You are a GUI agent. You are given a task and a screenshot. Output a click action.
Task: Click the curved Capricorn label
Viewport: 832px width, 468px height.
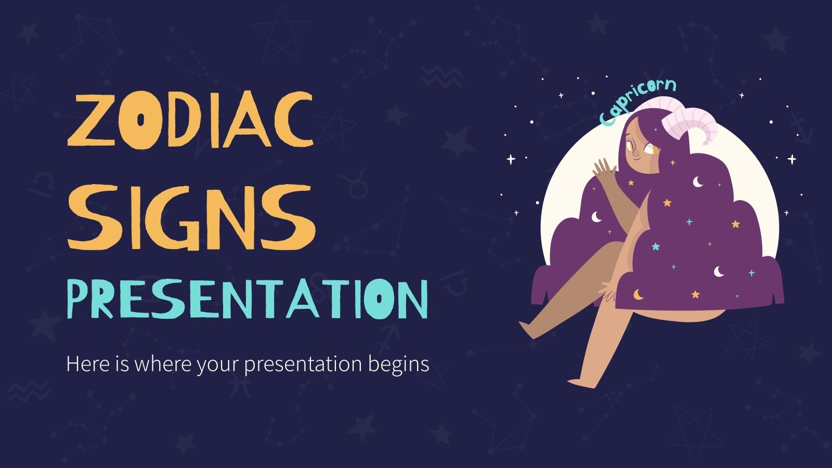(x=636, y=101)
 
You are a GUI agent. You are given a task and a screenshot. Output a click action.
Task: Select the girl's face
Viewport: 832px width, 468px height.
(x=637, y=146)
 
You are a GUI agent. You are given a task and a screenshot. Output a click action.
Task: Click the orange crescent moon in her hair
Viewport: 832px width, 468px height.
(x=638, y=295)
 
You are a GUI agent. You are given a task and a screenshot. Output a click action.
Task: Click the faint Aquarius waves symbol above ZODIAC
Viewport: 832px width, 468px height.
(x=441, y=77)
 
